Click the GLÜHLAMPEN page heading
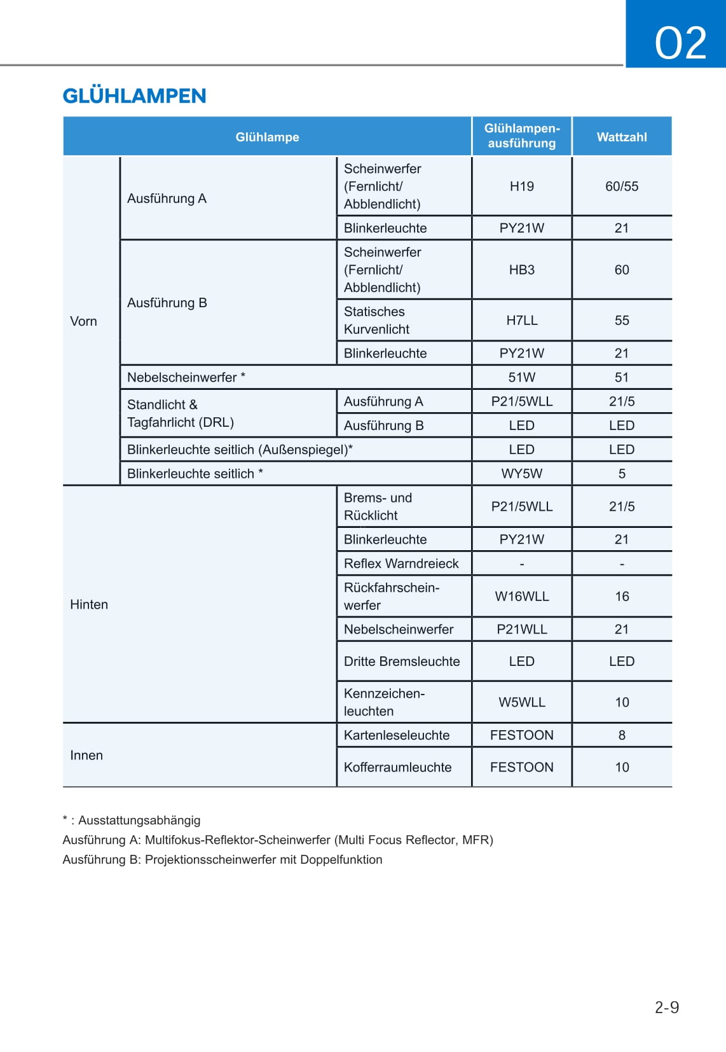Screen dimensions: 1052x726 (134, 96)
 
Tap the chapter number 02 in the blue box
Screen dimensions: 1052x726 (680, 43)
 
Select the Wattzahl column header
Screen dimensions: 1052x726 (621, 137)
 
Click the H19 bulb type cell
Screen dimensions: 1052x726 (521, 186)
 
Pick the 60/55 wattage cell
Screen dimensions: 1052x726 (621, 186)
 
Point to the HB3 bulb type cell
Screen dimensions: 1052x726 (521, 270)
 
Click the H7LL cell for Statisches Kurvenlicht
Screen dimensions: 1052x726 (521, 321)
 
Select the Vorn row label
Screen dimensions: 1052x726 (83, 321)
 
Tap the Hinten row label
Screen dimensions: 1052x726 (89, 604)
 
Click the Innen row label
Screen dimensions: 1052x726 (86, 755)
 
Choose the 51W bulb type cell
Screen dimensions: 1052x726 (521, 377)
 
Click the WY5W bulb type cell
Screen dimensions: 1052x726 (521, 474)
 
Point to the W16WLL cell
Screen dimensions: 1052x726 (521, 597)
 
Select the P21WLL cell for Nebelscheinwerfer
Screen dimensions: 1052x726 (521, 629)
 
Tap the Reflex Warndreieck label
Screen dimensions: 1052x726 (401, 564)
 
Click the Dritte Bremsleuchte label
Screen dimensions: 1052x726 (402, 661)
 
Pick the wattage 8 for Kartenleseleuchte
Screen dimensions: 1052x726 (621, 735)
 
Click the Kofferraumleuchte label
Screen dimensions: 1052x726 (397, 767)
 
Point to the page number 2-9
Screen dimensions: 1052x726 (666, 1007)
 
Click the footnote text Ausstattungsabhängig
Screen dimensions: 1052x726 (139, 820)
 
